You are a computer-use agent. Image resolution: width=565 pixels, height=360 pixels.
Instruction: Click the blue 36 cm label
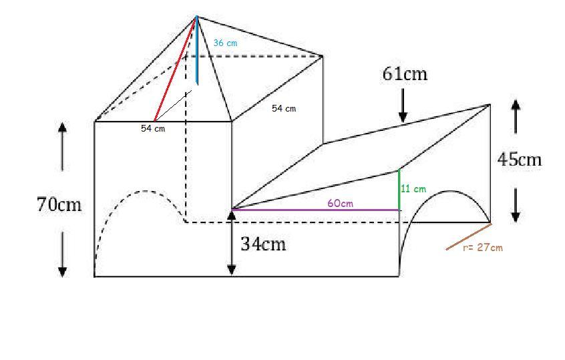(x=225, y=43)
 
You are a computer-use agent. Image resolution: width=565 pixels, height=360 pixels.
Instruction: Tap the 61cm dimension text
(x=405, y=73)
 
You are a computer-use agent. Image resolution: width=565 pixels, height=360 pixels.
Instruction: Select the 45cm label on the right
(x=520, y=159)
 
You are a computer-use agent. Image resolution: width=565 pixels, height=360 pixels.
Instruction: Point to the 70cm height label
(x=59, y=204)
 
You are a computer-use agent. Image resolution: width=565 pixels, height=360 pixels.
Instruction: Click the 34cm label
(x=263, y=244)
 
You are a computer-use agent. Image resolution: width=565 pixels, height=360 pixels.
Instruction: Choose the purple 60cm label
(x=340, y=203)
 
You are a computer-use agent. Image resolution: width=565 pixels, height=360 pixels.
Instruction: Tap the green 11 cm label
(x=413, y=189)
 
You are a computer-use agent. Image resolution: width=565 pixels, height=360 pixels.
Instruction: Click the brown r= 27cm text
(x=483, y=247)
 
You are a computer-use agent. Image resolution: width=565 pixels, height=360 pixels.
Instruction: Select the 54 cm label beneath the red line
(x=152, y=129)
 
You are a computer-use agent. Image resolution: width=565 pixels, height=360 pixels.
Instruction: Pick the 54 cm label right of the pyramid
(x=284, y=108)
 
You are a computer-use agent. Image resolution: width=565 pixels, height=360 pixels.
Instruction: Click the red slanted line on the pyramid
(x=175, y=69)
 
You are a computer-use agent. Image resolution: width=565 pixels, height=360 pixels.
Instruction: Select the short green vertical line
(x=399, y=190)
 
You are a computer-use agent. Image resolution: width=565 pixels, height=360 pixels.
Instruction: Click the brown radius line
(x=469, y=237)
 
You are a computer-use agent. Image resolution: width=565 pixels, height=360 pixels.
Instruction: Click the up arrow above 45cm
(x=516, y=114)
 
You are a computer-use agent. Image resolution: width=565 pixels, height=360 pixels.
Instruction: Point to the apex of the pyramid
(x=196, y=16)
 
